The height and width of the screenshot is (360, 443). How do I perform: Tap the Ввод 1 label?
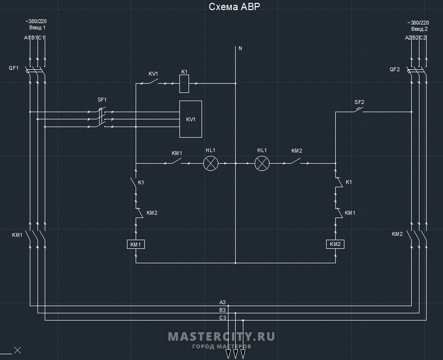(x=38, y=28)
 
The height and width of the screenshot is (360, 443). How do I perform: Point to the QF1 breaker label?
(x=13, y=68)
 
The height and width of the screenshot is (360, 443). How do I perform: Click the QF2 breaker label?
(x=394, y=69)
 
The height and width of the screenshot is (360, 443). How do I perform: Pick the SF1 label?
(x=102, y=100)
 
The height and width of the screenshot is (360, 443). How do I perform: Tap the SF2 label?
(x=359, y=102)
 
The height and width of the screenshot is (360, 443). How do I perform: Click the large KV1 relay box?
(x=190, y=119)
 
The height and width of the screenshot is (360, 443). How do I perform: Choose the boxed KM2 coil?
(x=335, y=244)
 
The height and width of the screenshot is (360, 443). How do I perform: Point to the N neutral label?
(x=240, y=48)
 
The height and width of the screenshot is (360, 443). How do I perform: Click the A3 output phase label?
(x=222, y=302)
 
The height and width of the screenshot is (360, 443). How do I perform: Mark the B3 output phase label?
(x=222, y=310)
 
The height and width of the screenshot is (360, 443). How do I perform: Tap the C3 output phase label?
(x=222, y=318)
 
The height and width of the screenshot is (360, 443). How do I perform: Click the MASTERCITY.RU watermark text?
(x=221, y=336)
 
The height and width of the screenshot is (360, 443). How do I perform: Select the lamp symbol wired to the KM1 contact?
(x=210, y=163)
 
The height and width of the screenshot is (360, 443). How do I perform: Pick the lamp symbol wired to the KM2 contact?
(x=262, y=163)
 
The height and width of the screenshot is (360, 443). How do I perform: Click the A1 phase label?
(x=27, y=38)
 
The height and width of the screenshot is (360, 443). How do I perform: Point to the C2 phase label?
(x=423, y=38)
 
